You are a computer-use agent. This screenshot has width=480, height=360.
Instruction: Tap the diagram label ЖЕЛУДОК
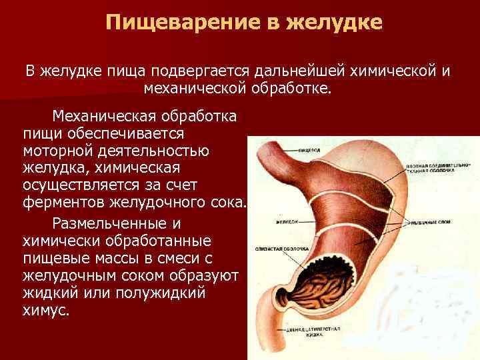click(x=285, y=222)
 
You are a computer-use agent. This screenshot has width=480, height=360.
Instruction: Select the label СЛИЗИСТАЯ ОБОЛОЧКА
click(x=280, y=249)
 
